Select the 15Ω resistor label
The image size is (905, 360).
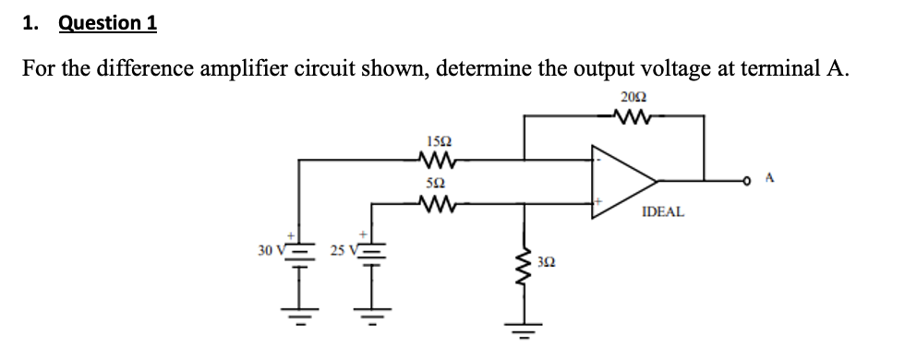[x=439, y=141]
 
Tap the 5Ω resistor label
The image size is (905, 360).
[x=439, y=184]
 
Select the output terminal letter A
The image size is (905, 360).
[x=769, y=179]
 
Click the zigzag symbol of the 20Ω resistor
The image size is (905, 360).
[x=634, y=116]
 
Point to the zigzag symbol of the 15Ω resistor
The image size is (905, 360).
[x=439, y=160]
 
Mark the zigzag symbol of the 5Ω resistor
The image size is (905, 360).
[x=439, y=201]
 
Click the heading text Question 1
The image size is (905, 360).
[x=107, y=23]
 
